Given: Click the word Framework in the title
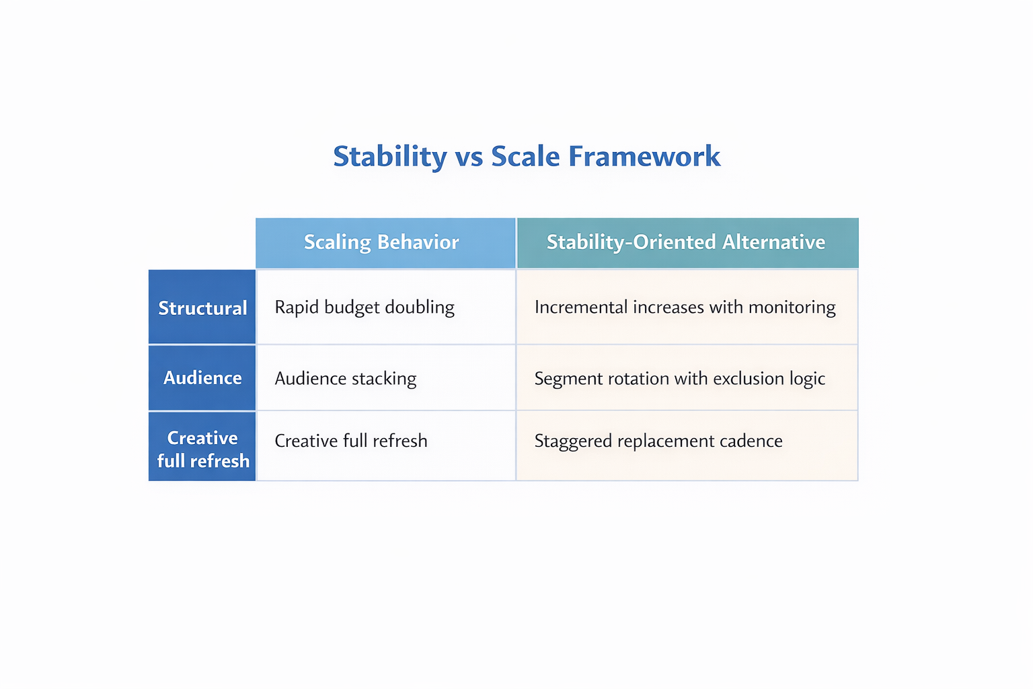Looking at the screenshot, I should coord(644,157).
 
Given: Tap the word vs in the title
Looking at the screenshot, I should coord(469,157).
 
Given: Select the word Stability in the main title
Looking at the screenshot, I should coord(390,157).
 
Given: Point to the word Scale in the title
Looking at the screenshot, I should coord(525,157).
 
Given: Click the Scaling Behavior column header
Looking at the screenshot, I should coord(381,242).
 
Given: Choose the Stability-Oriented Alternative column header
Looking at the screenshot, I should coord(685,242).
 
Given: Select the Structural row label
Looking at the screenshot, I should coord(202,308).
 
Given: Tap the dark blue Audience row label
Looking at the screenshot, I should coord(202,378).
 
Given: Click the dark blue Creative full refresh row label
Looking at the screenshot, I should coord(202,449).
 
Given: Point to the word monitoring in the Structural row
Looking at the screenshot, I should coord(792,307).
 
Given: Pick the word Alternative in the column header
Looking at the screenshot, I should coord(773,242).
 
